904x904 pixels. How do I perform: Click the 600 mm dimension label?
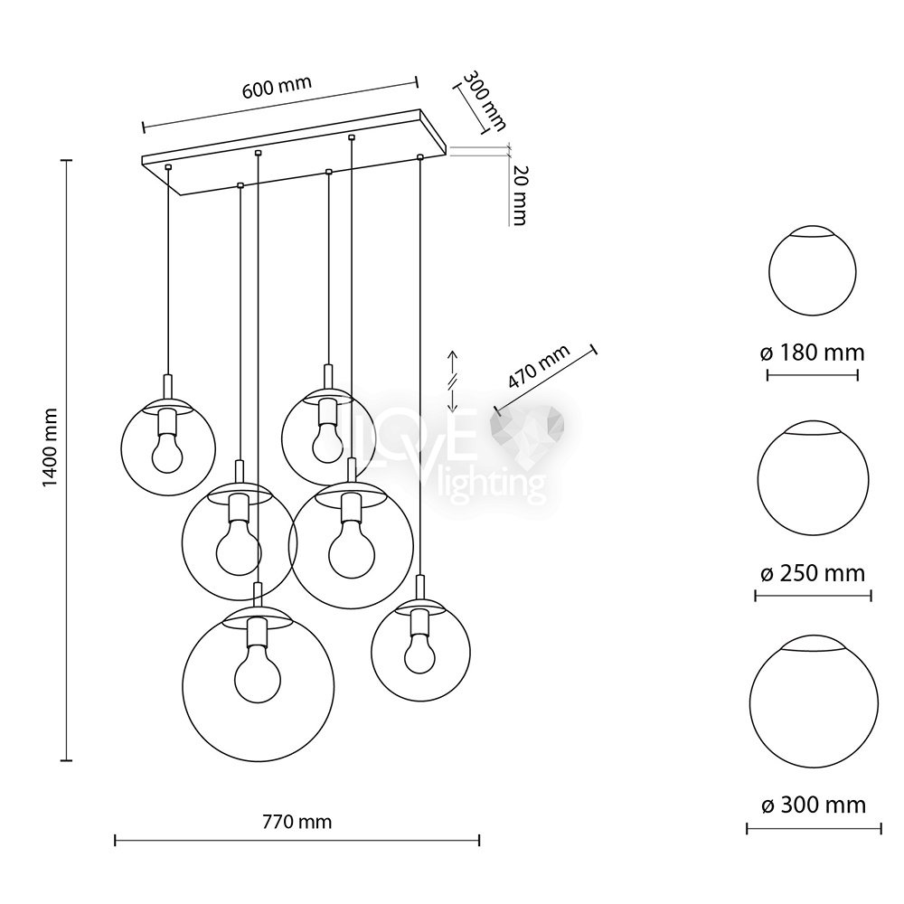coord(277,87)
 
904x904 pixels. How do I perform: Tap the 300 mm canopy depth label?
coord(485,100)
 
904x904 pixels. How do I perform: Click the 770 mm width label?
coord(297,821)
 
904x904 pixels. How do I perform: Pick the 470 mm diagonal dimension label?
coord(539,367)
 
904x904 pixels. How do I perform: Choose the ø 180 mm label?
coord(813,353)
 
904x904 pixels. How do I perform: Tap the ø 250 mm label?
coord(813,573)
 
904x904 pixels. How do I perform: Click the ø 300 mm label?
coord(814,805)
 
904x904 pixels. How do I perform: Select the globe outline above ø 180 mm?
coord(769,271)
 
